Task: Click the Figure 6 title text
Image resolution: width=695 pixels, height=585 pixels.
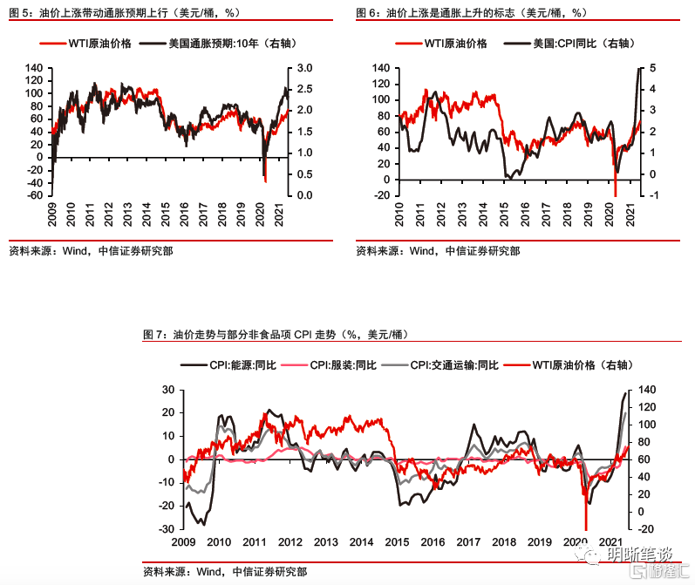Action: pos(471,13)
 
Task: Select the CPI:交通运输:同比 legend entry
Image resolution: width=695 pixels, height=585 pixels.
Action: pos(454,364)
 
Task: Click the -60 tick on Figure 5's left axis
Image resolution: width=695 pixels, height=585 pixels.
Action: pos(34,195)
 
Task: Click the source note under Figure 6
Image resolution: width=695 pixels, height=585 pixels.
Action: pos(437,251)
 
